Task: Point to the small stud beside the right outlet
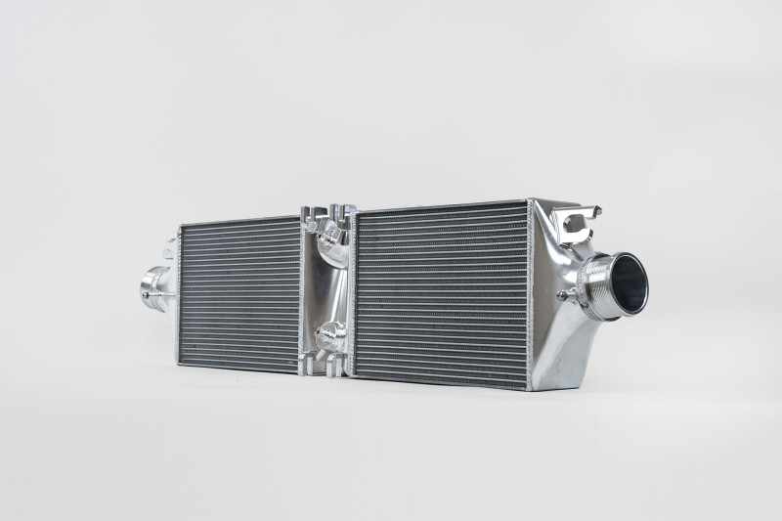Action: pos(562,294)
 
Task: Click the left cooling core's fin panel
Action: pos(239,293)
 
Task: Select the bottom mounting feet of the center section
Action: pos(326,369)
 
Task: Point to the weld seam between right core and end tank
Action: pos(529,293)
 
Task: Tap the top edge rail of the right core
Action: pos(440,206)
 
